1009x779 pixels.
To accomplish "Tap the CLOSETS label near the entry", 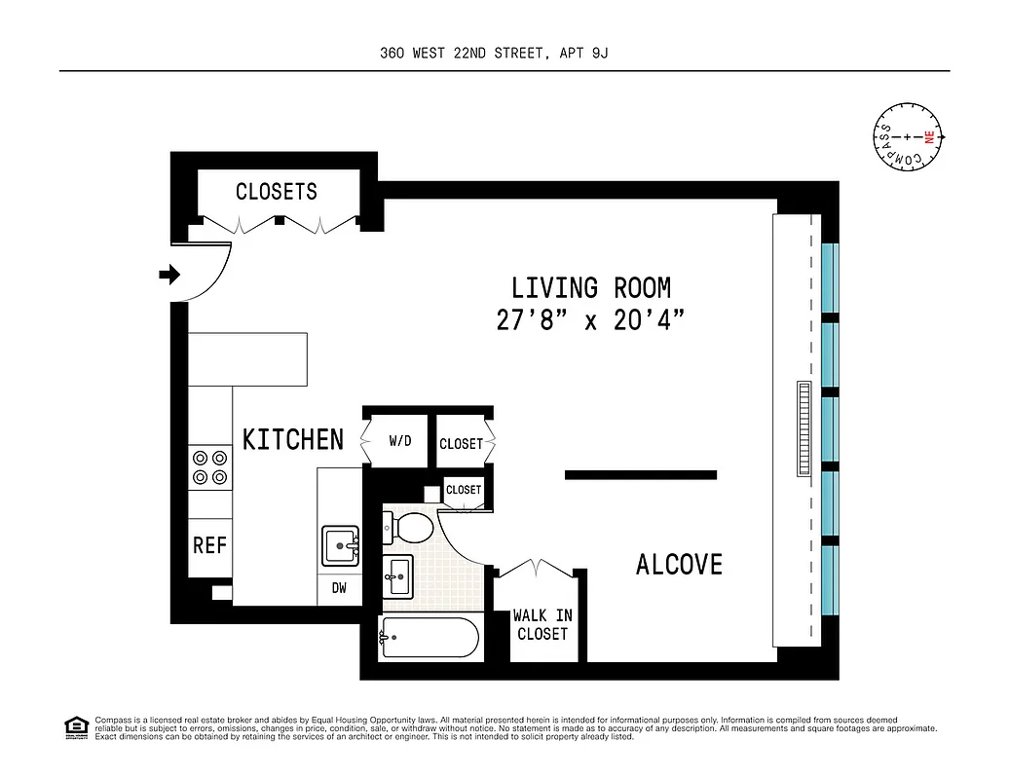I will coord(277,192).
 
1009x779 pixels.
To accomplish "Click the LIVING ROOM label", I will coord(591,288).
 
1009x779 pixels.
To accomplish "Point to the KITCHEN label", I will coord(293,440).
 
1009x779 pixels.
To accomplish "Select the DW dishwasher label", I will coord(340,589).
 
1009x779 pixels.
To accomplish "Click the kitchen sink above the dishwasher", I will coord(340,546).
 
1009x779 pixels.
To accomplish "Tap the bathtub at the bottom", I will coord(430,639).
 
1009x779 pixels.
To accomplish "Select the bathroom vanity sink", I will coord(397,575).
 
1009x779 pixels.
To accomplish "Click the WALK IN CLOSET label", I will coord(542,624).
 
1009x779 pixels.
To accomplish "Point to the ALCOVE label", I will coord(679,565).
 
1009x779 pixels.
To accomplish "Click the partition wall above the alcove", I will coord(641,475).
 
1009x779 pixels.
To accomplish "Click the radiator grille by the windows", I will coord(803,428).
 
